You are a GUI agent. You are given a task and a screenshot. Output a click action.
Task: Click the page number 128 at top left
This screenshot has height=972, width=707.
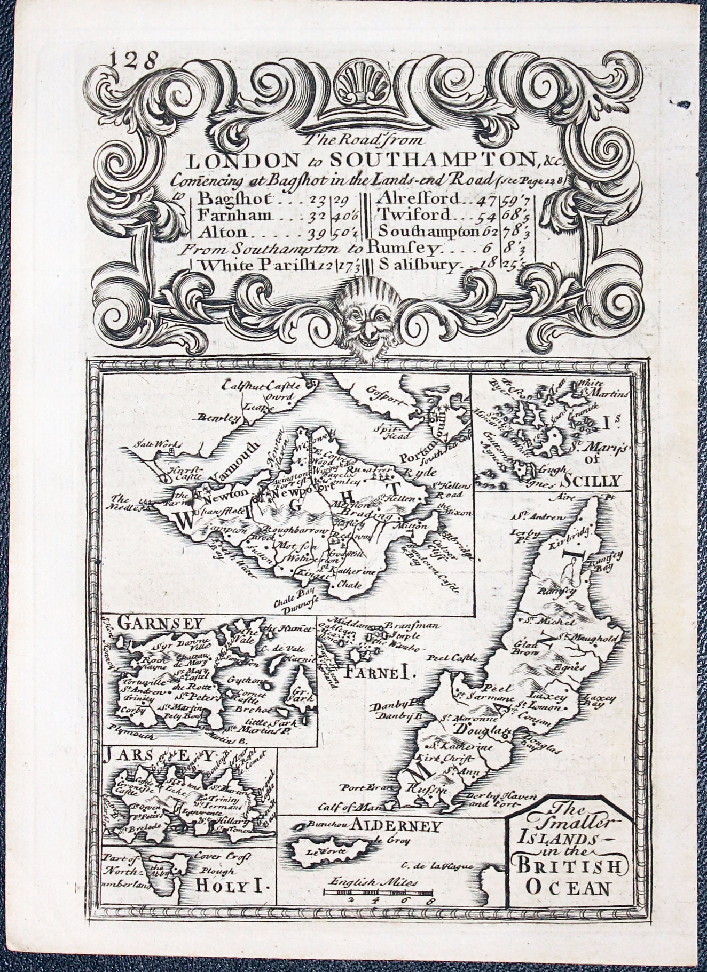(129, 58)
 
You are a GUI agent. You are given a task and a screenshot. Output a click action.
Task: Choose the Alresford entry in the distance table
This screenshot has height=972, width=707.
(418, 198)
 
